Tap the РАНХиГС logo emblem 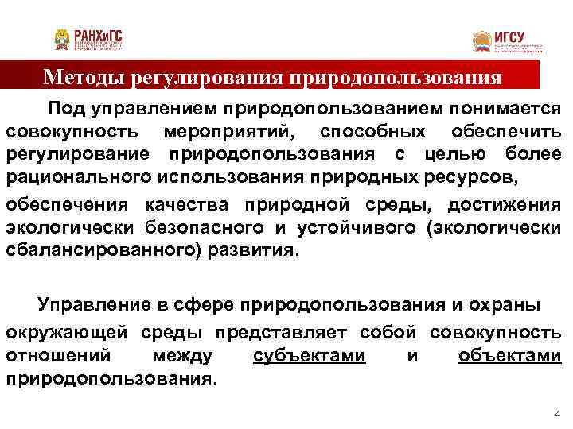[x=62, y=40]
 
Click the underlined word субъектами [x=310, y=357]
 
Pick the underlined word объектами [x=510, y=357]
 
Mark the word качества [x=185, y=207]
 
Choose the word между [x=185, y=357]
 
